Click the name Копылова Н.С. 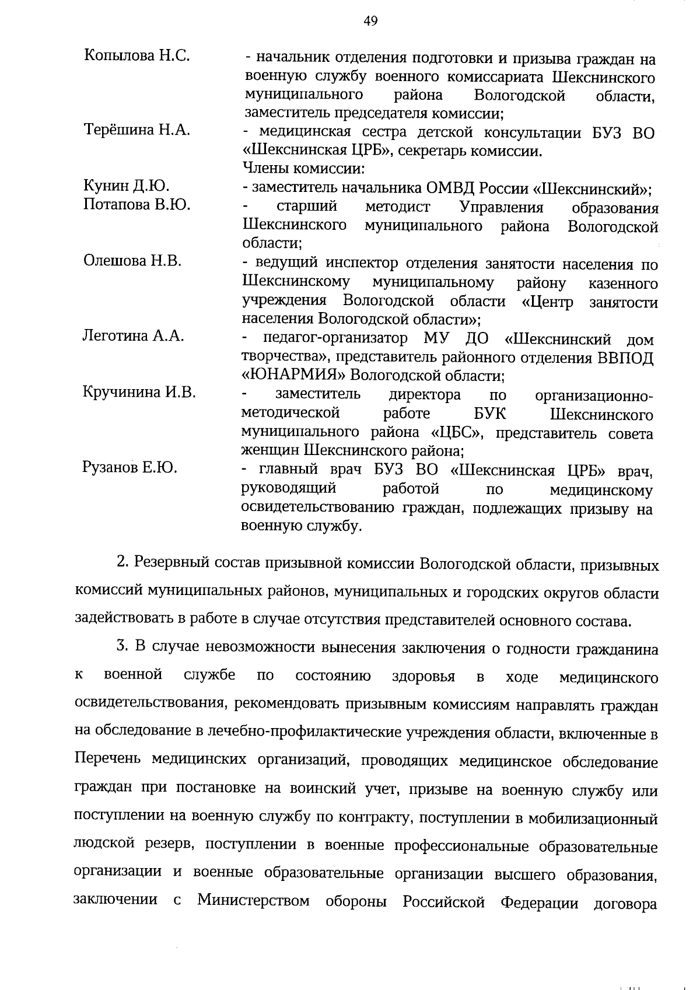(138, 56)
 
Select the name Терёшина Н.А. (137, 130)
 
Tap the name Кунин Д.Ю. (127, 186)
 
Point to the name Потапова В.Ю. (137, 205)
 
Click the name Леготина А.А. (134, 335)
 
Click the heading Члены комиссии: (303, 169)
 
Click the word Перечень (107, 760)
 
